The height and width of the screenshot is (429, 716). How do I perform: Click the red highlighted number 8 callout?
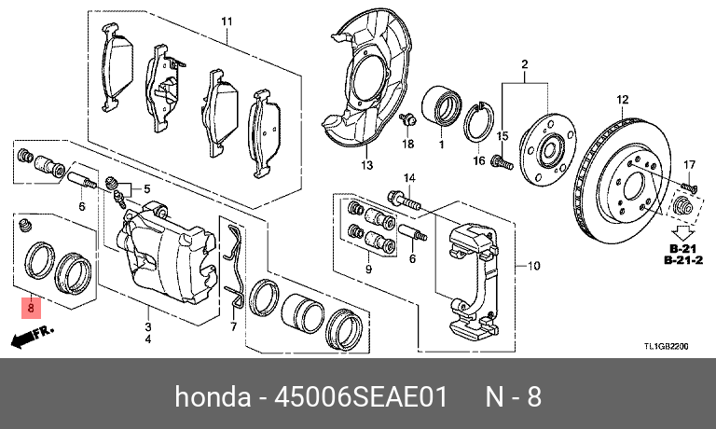(31, 306)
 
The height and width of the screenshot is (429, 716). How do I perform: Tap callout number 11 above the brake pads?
(225, 21)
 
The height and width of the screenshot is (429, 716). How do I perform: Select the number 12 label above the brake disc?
(623, 99)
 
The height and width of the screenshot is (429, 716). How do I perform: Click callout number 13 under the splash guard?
(366, 165)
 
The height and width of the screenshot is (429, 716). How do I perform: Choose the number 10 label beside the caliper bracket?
(534, 265)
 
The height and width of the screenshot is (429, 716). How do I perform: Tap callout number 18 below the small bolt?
(407, 145)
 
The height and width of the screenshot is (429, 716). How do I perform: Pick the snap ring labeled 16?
(479, 121)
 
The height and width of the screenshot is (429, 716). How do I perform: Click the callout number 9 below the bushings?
(368, 269)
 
